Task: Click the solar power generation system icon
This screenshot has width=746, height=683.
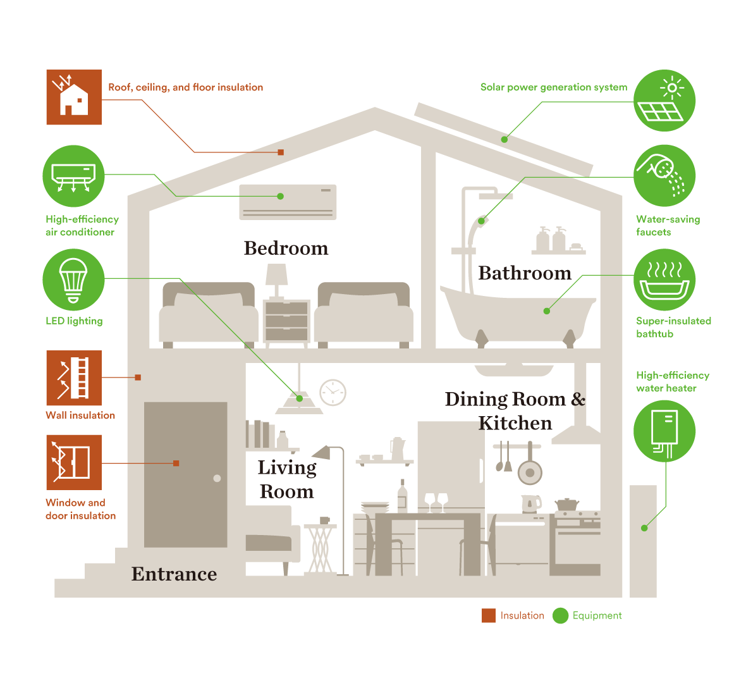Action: (x=664, y=101)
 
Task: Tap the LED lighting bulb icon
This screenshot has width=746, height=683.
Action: (x=73, y=280)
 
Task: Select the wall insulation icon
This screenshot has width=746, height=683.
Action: (x=74, y=378)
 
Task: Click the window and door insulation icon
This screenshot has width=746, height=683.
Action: (x=74, y=462)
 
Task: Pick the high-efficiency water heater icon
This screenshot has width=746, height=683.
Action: (x=664, y=431)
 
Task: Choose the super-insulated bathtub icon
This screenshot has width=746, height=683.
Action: (x=664, y=280)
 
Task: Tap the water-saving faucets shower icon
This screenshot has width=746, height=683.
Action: (x=664, y=176)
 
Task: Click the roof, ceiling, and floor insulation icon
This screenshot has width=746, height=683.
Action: (x=74, y=97)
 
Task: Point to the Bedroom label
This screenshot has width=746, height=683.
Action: (x=286, y=249)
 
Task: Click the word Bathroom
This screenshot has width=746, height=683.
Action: (x=525, y=273)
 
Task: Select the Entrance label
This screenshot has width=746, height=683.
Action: (x=174, y=574)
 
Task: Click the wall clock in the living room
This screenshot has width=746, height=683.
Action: (x=333, y=393)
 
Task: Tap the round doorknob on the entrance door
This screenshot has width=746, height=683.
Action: (x=217, y=478)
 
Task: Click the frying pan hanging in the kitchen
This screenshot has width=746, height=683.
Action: (x=530, y=470)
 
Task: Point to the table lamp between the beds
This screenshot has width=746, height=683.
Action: (x=276, y=278)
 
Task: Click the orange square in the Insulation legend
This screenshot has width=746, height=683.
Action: (x=489, y=615)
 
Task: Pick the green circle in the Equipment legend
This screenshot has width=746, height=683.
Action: (x=560, y=615)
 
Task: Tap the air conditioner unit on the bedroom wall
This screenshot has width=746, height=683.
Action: (x=288, y=202)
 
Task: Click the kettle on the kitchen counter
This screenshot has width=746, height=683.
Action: (x=530, y=504)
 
